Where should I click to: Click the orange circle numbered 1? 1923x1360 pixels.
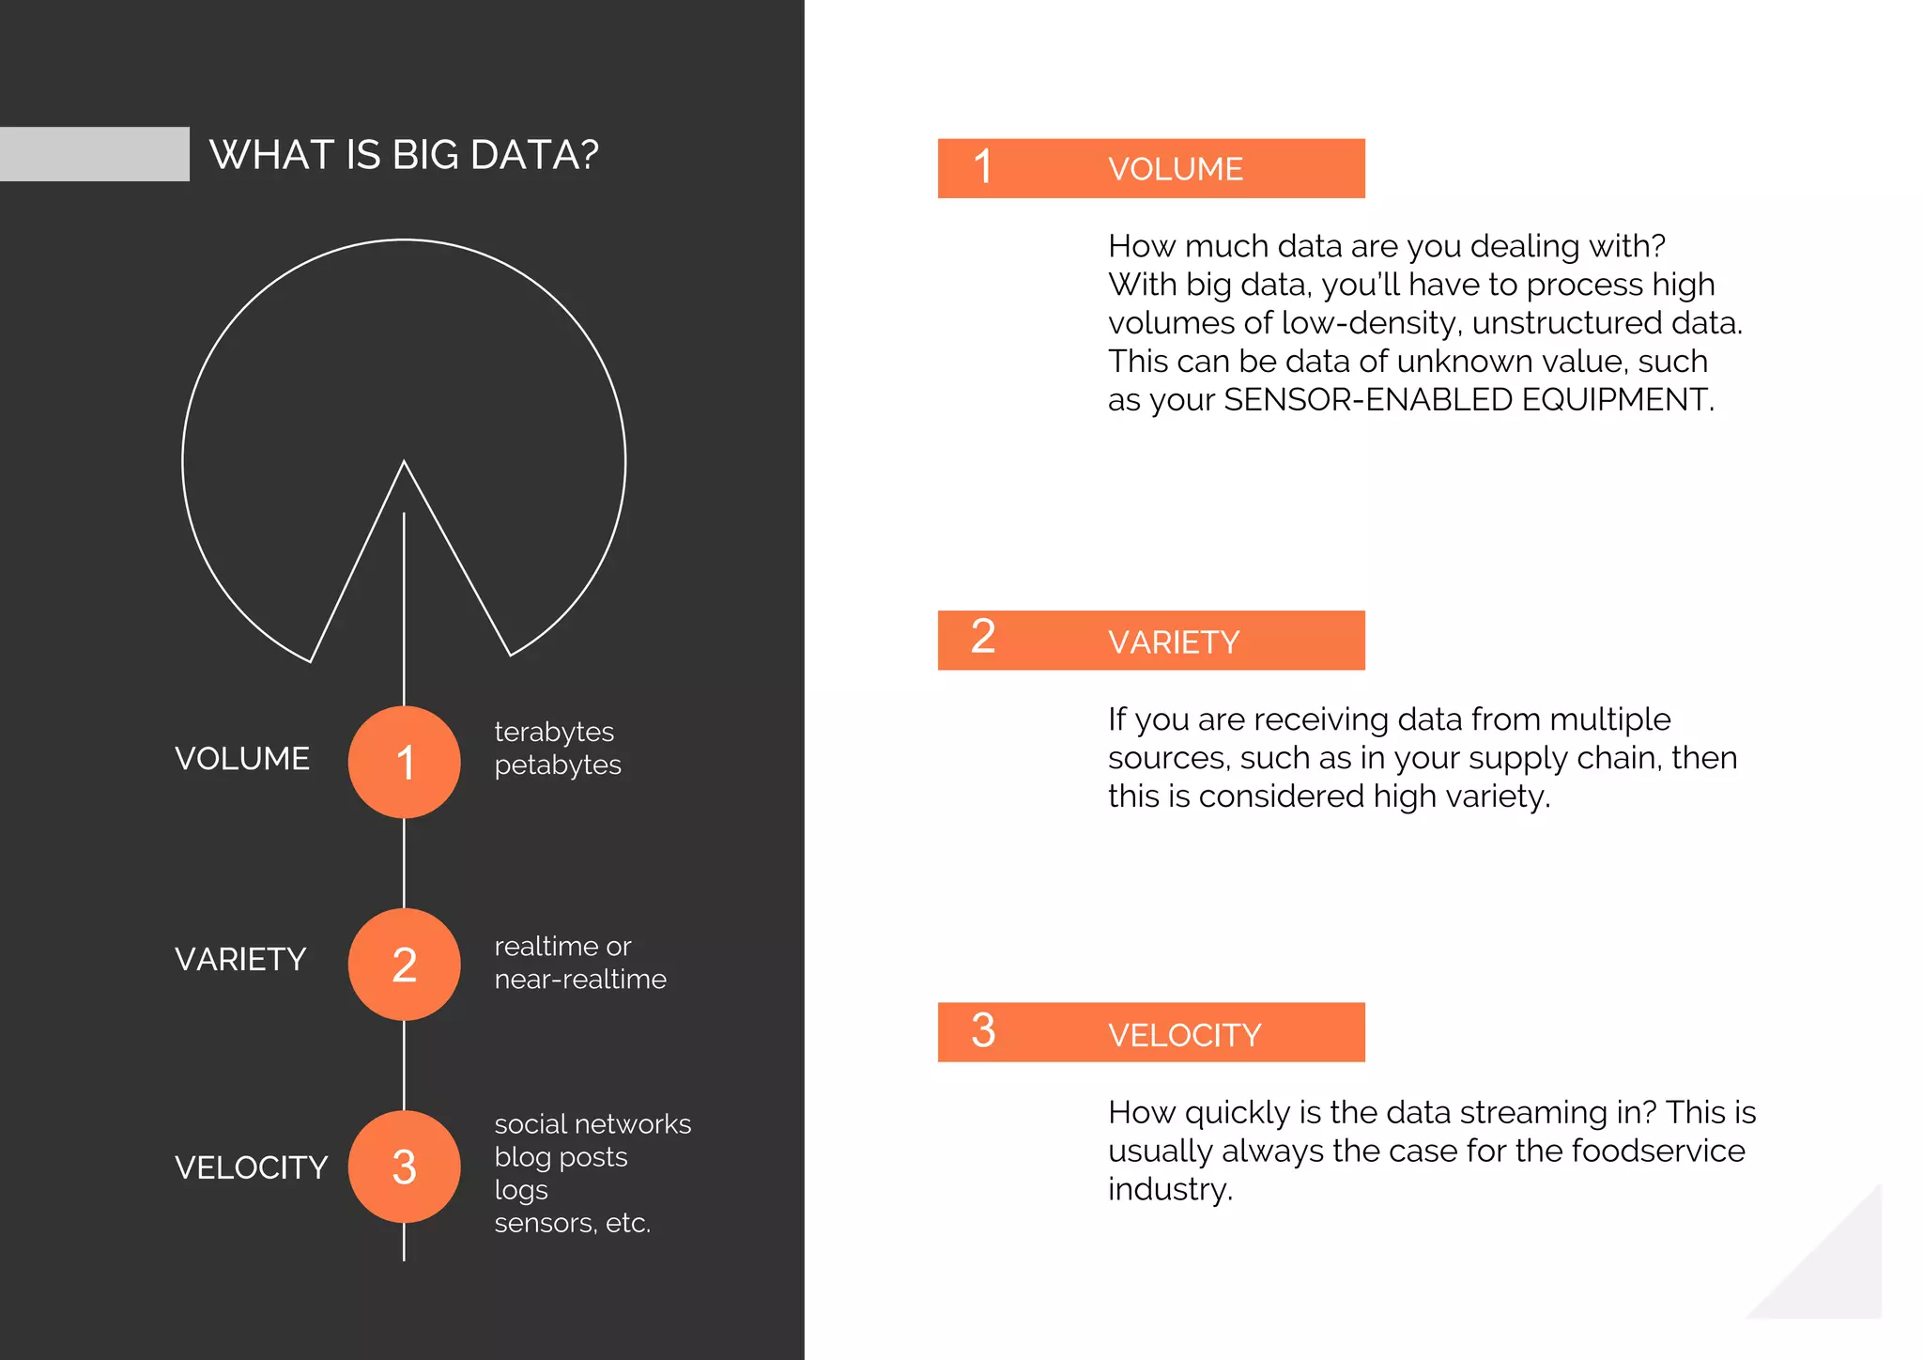click(x=404, y=762)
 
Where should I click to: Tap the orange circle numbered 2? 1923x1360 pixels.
click(x=404, y=965)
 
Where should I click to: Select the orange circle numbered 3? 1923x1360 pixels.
click(x=404, y=1167)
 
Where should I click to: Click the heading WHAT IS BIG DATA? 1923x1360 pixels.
click(x=404, y=155)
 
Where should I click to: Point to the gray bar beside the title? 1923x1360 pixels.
click(x=94, y=154)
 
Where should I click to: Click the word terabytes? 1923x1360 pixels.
click(x=554, y=732)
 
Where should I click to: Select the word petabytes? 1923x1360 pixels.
click(x=558, y=765)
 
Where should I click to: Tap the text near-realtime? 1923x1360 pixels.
click(x=580, y=979)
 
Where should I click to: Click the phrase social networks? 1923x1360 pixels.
click(x=592, y=1124)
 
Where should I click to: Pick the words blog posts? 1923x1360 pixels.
click(x=561, y=1157)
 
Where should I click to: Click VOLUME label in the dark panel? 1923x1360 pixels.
click(x=242, y=759)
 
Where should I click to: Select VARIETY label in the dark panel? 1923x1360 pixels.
click(x=240, y=960)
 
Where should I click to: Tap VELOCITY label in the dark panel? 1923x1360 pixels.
click(x=251, y=1167)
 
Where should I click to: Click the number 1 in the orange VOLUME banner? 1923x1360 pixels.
click(x=982, y=168)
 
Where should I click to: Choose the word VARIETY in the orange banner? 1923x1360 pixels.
click(x=1174, y=642)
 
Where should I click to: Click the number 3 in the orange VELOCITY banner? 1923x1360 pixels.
click(x=982, y=1031)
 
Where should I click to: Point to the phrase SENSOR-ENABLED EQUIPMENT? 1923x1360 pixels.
click(x=1468, y=400)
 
